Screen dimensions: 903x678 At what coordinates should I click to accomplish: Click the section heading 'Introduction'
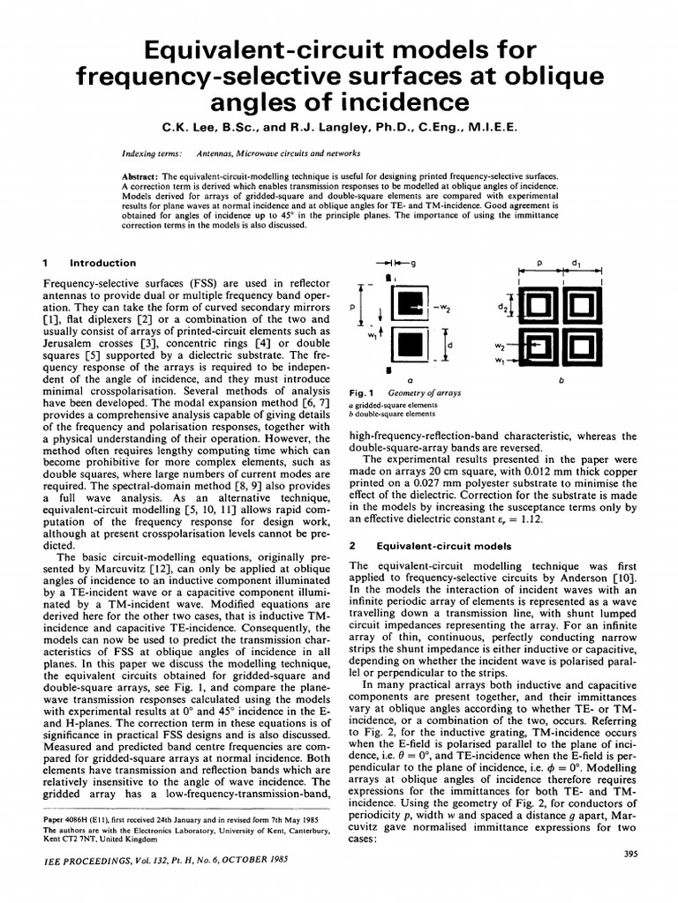tap(102, 263)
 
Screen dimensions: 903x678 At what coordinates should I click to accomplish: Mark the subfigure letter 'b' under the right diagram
tap(561, 381)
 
